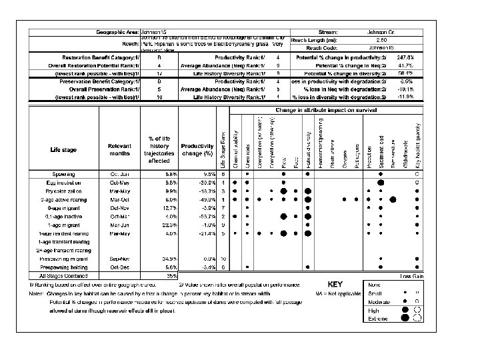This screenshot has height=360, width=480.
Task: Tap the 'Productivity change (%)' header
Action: pos(197,150)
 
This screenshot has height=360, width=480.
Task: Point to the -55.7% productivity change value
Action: pos(201,216)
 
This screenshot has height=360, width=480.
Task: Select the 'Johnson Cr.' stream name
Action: pos(382,32)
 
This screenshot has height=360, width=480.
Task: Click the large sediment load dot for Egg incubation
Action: pos(381,182)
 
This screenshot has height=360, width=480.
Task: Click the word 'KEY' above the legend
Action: pos(327,284)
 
